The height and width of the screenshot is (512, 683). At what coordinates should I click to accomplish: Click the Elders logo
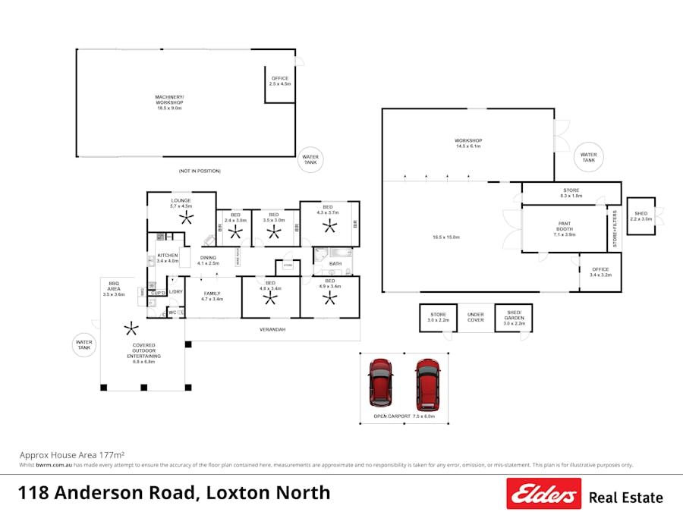coord(543,494)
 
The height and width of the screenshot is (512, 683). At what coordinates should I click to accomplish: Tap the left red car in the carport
coord(379,383)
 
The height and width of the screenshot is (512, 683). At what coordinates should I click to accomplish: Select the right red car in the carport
coord(427,383)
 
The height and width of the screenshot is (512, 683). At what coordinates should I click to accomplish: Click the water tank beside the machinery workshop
coord(311,159)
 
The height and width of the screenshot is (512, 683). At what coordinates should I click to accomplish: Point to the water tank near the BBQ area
coord(83,345)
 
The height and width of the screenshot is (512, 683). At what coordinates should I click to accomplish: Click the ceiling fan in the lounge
coord(187,218)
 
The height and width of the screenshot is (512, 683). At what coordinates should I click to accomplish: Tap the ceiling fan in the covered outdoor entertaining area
coord(132,328)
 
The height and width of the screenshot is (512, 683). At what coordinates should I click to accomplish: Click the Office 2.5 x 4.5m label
coord(280,81)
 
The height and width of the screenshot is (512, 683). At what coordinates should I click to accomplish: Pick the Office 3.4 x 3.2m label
coord(600,272)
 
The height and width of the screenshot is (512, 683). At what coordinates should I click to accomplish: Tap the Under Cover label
coord(476,317)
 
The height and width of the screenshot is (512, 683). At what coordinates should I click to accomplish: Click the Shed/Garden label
coord(514,317)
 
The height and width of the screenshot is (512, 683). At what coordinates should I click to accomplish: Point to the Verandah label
coord(272,330)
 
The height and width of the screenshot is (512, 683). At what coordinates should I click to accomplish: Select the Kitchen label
coord(167,258)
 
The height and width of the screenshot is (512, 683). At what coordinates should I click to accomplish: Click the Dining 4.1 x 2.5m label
coord(208,260)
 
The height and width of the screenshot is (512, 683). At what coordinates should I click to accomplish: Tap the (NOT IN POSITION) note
coord(199,171)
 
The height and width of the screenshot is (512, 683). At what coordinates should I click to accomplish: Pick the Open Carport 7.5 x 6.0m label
coord(404,416)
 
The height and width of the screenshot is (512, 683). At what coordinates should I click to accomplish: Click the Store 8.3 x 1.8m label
coord(571,193)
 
